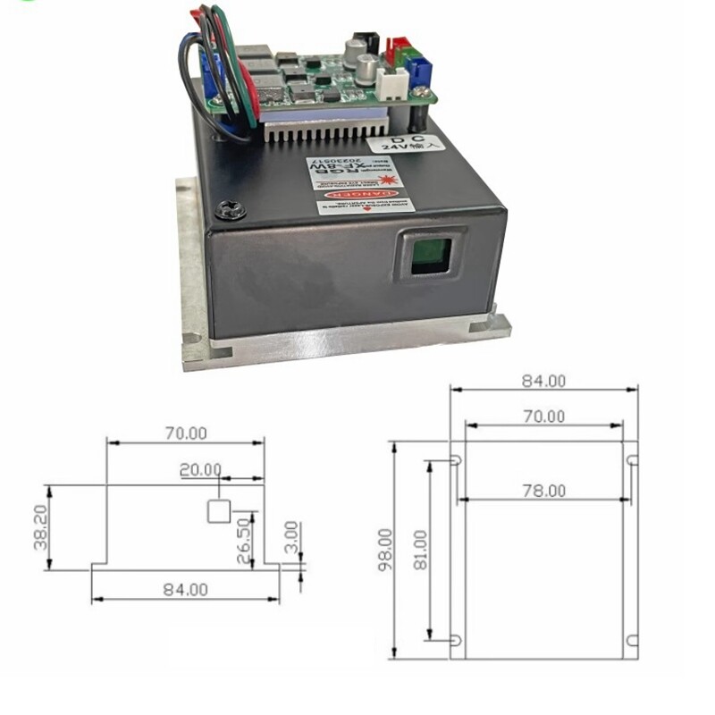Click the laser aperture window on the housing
431,254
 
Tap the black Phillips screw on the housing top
231,209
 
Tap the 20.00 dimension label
199,469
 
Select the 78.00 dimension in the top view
543,490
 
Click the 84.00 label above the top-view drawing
543,380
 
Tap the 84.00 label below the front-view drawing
186,589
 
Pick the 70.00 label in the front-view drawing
186,433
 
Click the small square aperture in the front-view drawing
219,511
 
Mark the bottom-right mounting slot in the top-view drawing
632,640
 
